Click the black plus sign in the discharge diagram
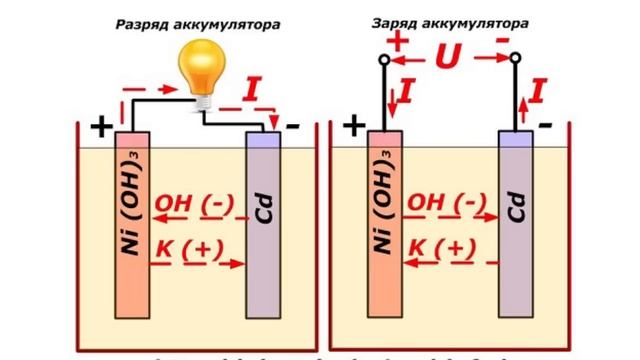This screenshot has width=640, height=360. (x=101, y=127)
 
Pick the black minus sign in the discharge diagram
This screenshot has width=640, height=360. (x=292, y=126)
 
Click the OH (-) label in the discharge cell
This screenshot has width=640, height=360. (x=193, y=205)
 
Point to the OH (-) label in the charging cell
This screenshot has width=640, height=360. (x=445, y=205)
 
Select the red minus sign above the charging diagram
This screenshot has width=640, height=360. (x=501, y=38)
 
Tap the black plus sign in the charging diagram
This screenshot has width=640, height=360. (x=354, y=126)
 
